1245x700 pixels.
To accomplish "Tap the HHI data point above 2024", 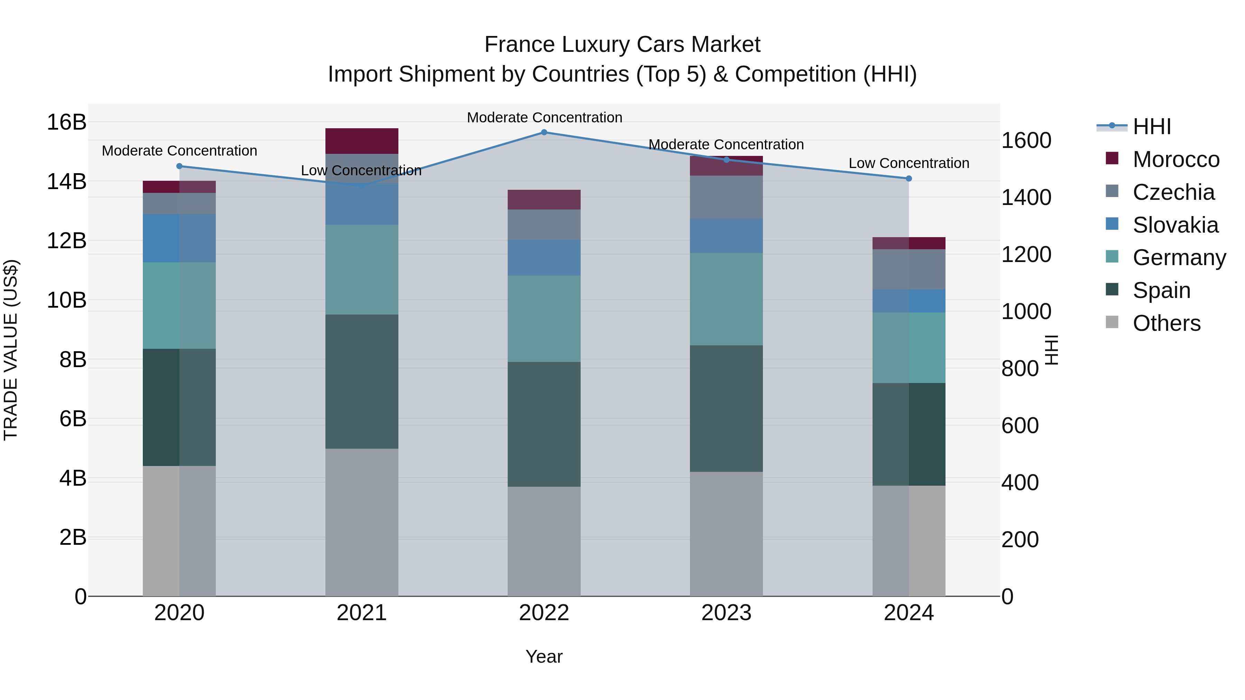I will click(x=909, y=179).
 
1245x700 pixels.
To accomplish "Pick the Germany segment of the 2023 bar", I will click(x=726, y=299).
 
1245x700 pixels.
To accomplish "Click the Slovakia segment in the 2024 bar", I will click(x=909, y=301).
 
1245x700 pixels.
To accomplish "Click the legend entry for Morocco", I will click(x=1175, y=159).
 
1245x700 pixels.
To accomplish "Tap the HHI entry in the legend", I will click(x=1151, y=127).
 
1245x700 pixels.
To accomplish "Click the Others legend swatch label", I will click(x=1166, y=323).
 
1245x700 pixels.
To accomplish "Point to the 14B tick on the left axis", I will click(x=67, y=181).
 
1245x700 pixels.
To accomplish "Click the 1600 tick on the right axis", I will click(x=1026, y=141).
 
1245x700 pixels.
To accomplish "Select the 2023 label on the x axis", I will click(x=726, y=613).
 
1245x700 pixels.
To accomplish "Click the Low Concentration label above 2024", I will click(x=909, y=163).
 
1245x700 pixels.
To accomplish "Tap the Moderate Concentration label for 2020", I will click(x=179, y=151).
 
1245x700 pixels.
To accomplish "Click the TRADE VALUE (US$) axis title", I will click(x=11, y=350).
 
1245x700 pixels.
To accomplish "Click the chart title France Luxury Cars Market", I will click(x=622, y=45).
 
